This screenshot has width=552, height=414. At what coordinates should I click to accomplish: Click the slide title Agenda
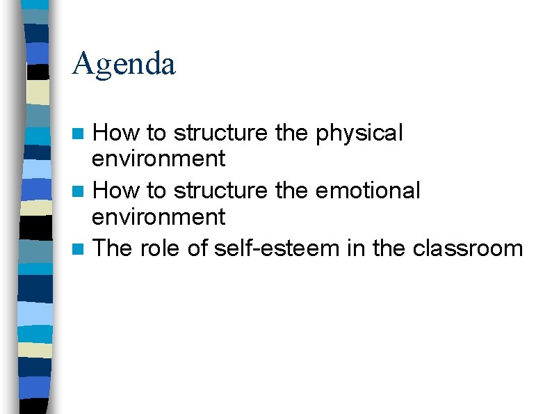(124, 64)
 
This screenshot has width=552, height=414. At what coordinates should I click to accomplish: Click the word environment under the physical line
(159, 159)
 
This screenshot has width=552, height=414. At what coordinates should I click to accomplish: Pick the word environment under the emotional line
(159, 217)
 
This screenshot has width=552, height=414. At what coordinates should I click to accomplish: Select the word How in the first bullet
(115, 133)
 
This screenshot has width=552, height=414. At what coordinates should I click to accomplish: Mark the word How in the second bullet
(115, 191)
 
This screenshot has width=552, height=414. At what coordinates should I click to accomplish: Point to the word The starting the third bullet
(113, 248)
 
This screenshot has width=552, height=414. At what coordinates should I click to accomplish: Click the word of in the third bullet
(197, 248)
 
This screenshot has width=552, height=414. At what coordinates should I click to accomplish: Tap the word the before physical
(292, 133)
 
